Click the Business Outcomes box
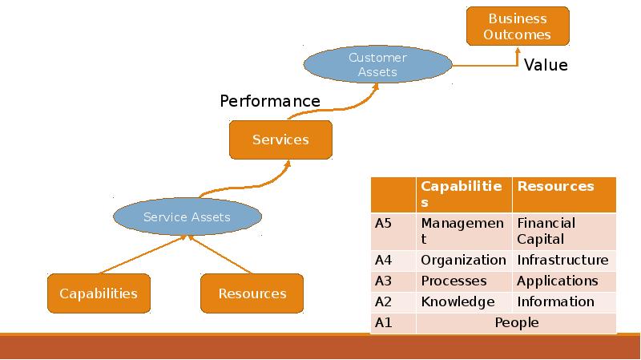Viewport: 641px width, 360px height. (518, 26)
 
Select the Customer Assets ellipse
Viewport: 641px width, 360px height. (377, 65)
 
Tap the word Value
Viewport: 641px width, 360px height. (546, 66)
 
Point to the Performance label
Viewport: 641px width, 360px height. (270, 101)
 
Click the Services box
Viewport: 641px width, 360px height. (280, 140)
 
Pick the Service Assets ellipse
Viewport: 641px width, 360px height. (187, 216)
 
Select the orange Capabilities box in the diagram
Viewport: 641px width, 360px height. (99, 293)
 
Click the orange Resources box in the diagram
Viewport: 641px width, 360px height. (252, 293)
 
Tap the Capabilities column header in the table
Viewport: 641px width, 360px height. (462, 194)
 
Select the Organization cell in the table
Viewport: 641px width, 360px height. (463, 260)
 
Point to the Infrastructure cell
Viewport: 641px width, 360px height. (562, 260)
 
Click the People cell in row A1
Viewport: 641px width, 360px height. (516, 322)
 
